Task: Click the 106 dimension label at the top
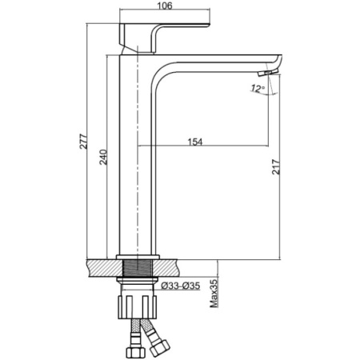tap(165, 6)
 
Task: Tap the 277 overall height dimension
tap(84, 142)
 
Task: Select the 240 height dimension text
tap(103, 158)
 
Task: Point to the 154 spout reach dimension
tap(195, 142)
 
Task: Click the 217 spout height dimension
tap(276, 167)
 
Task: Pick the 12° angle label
tap(258, 88)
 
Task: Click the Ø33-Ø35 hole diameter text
tap(181, 286)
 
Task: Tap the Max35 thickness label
tap(214, 293)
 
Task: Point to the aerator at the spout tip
tap(268, 72)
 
